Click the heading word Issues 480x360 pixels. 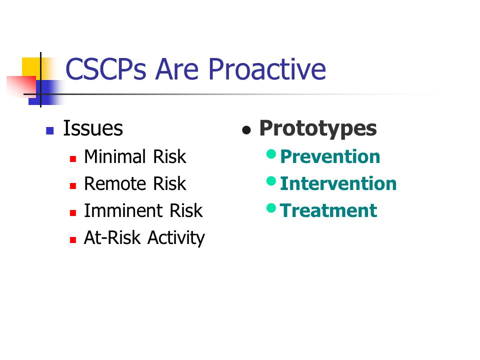[x=93, y=128]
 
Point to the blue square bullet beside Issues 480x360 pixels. [x=49, y=130]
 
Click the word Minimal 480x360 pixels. [x=115, y=156]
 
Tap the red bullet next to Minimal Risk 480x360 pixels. [x=73, y=159]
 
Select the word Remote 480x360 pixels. [x=115, y=183]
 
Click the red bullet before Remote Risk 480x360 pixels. [x=73, y=186]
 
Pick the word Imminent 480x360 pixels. [x=123, y=210]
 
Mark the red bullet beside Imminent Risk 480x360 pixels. [x=73, y=213]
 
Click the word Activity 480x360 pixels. [x=176, y=238]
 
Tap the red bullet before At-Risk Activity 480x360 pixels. [x=73, y=239]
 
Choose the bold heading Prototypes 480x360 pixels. [x=318, y=129]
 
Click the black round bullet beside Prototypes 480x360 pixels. [x=246, y=130]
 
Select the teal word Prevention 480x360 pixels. [x=330, y=156]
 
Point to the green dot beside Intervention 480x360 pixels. [x=271, y=181]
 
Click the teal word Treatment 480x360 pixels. [x=328, y=210]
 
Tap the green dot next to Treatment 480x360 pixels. [x=271, y=208]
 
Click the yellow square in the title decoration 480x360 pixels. [x=31, y=67]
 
